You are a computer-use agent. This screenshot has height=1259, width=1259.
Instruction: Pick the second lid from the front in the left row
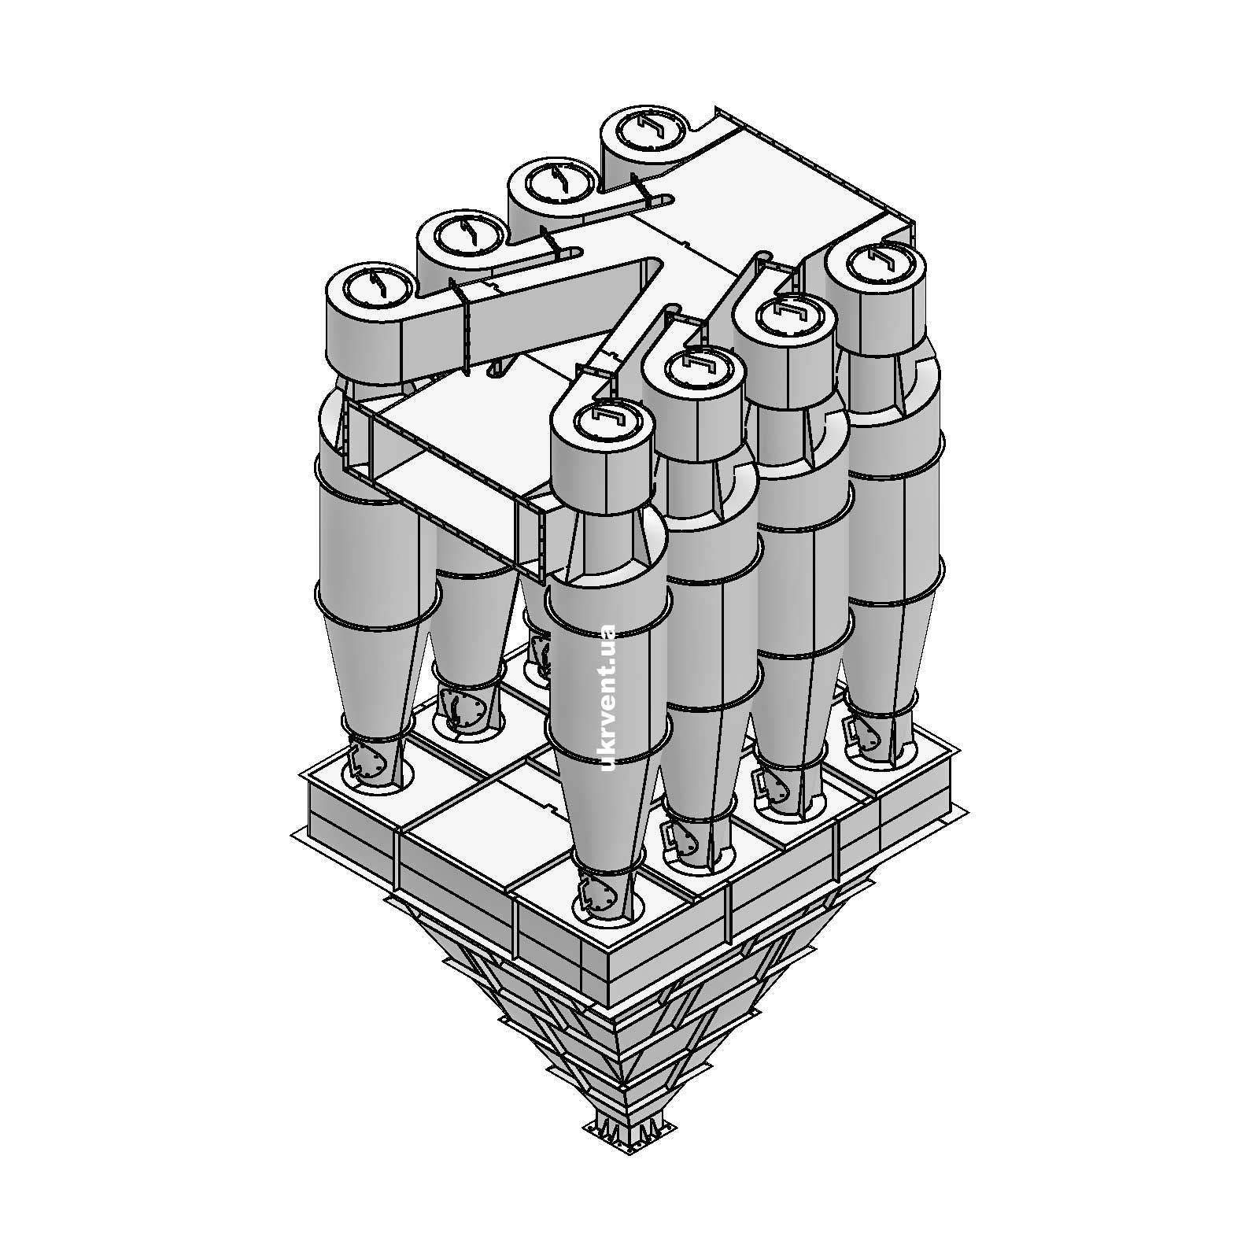(460, 233)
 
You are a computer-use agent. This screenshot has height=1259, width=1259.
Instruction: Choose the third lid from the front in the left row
(552, 181)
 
